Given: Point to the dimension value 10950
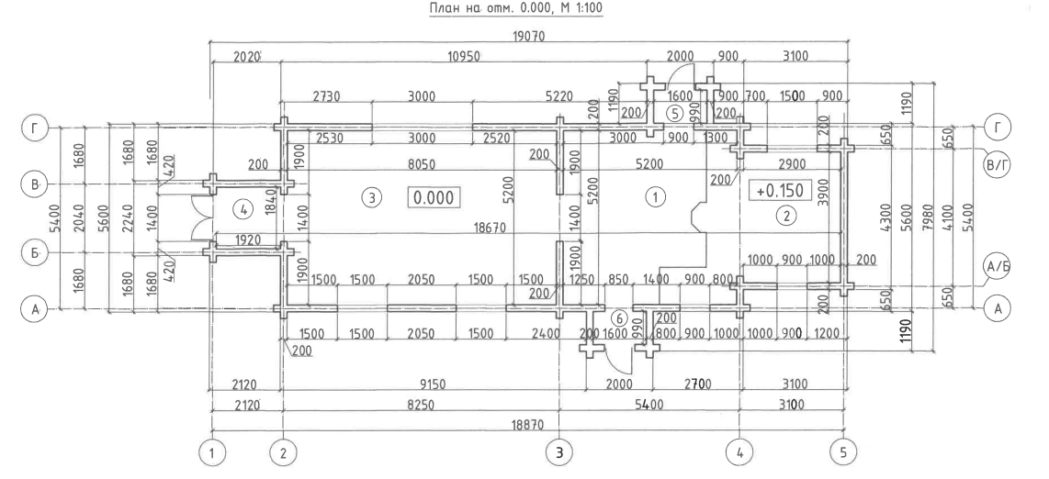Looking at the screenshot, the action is coord(464,57).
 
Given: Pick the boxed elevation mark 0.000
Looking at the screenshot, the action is coord(434,197).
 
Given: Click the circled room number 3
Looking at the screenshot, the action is coord(373,197).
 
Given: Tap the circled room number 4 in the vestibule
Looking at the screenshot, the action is coord(243,210).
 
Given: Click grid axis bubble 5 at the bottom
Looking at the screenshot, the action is coord(842,453).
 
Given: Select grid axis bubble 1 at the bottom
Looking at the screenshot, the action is coord(212,453).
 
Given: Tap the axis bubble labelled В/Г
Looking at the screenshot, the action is coord(998,164).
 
